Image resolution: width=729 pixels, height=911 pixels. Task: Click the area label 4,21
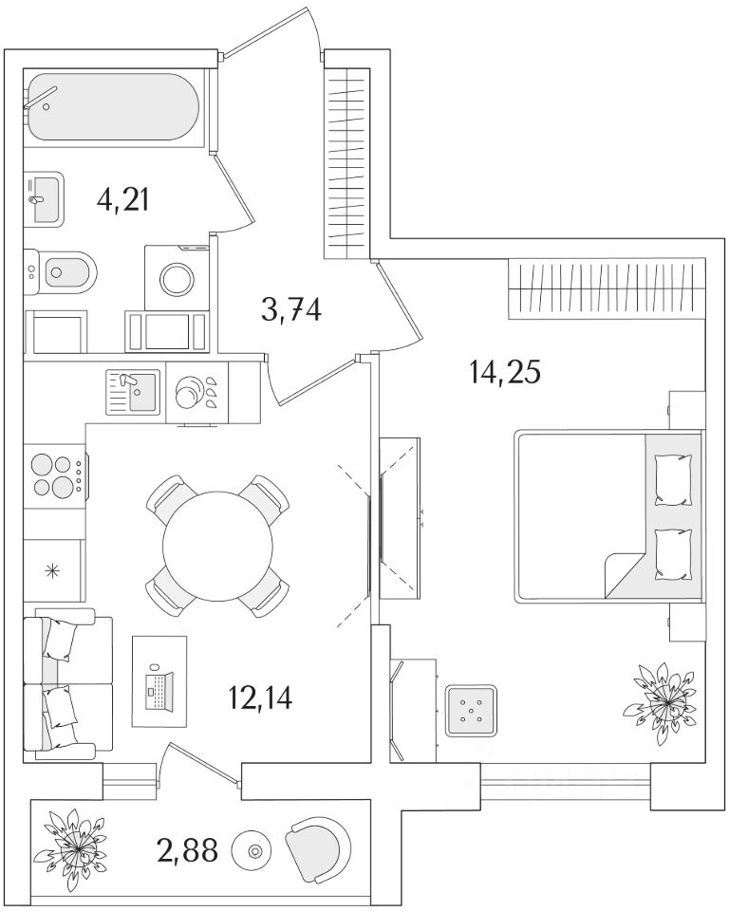click(124, 200)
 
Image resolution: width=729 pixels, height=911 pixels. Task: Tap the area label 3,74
click(290, 309)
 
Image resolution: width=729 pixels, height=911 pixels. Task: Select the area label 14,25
click(504, 371)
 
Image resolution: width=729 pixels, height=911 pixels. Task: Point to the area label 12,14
click(259, 698)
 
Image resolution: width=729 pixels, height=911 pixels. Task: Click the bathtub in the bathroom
click(112, 108)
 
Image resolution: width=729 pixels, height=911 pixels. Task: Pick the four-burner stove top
click(53, 476)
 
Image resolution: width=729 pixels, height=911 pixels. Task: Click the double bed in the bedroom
click(607, 516)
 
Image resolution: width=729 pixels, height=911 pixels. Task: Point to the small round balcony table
click(254, 849)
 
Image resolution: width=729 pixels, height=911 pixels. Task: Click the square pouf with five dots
click(473, 710)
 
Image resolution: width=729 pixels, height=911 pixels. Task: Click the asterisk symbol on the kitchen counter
click(52, 571)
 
